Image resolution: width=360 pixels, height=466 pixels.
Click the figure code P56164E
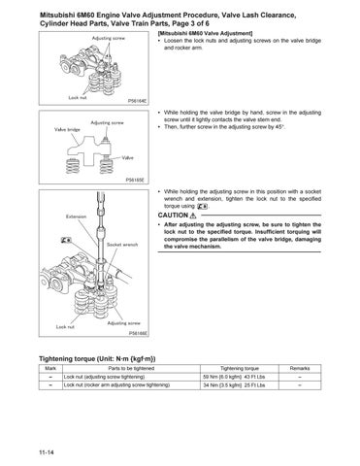(x=140, y=99)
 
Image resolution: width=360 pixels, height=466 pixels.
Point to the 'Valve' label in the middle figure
(x=127, y=156)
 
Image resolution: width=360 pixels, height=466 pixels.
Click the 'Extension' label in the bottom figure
(x=78, y=215)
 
